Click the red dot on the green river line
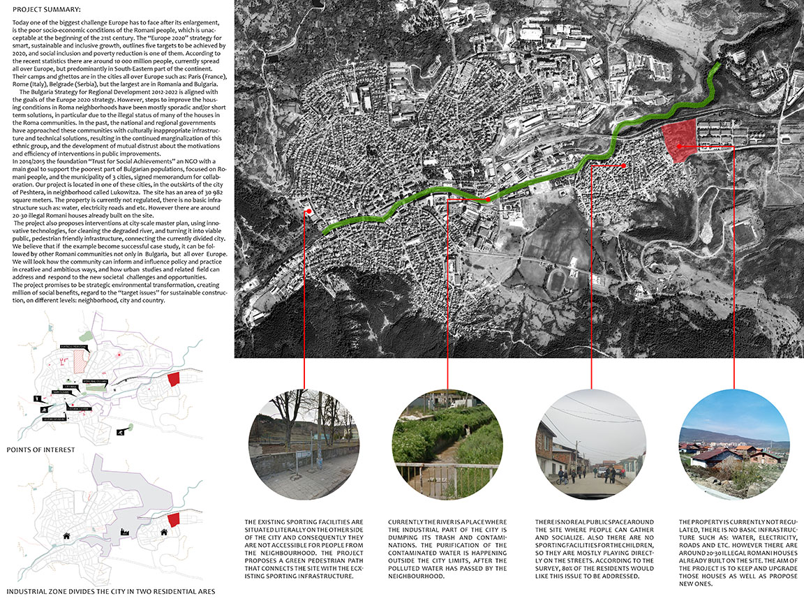click(488, 200)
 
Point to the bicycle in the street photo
click(560, 479)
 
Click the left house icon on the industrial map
click(67, 536)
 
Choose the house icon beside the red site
click(164, 532)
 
